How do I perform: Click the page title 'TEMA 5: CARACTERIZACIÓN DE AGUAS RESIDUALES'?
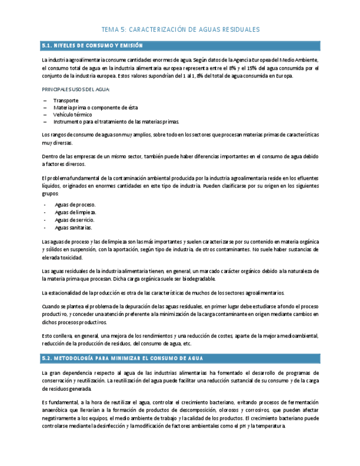pyautogui.click(x=180, y=30)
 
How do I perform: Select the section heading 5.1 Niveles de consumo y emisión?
pyautogui.click(x=92, y=46)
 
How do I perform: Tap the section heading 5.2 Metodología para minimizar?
pyautogui.click(x=123, y=358)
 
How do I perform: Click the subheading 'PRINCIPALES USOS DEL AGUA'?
pyautogui.click(x=75, y=89)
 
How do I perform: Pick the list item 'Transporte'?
pyautogui.click(x=65, y=101)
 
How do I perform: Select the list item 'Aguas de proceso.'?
pyautogui.click(x=75, y=204)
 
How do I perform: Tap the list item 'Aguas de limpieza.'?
pyautogui.click(x=75, y=212)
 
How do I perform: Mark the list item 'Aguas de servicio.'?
pyautogui.click(x=74, y=220)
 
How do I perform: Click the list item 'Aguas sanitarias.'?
pyautogui.click(x=73, y=228)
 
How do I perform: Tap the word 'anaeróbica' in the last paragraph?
pyautogui.click(x=56, y=410)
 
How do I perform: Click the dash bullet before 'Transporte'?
pyautogui.click(x=45, y=101)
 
